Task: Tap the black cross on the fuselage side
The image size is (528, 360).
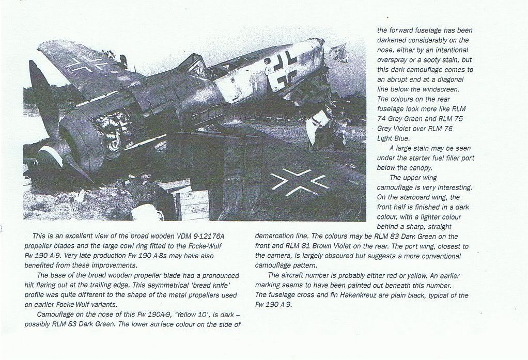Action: [283, 69]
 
